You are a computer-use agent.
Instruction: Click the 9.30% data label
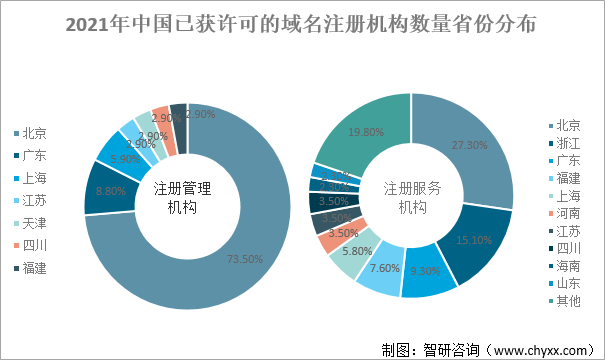pyautogui.click(x=424, y=271)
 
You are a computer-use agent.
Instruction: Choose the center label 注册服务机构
pyautogui.click(x=412, y=198)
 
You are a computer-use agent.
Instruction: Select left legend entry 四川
pyautogui.click(x=34, y=245)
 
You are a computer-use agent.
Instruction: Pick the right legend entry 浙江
pyautogui.click(x=567, y=143)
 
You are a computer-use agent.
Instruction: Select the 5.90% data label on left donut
pyautogui.click(x=125, y=158)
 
